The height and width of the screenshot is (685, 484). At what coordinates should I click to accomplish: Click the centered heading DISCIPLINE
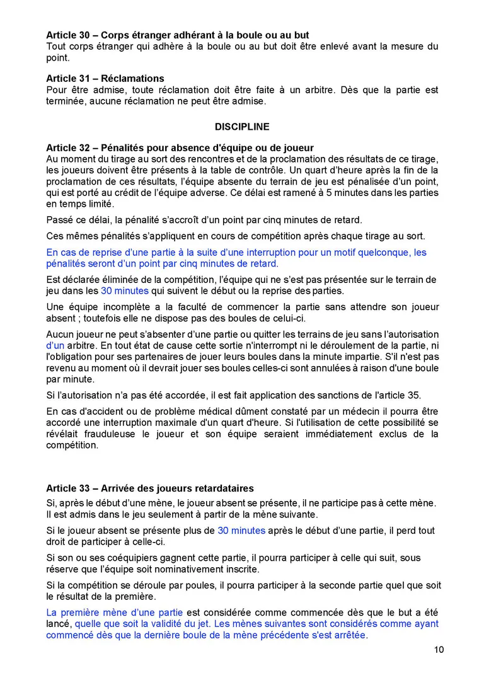pyautogui.click(x=242, y=127)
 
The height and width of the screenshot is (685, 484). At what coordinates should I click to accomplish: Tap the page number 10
pyautogui.click(x=439, y=650)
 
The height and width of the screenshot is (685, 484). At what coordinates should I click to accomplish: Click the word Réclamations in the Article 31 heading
pyautogui.click(x=133, y=79)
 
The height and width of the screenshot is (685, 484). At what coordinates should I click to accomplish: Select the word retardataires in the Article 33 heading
pyautogui.click(x=224, y=488)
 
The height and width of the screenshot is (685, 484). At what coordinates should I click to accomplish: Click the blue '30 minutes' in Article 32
pyautogui.click(x=125, y=291)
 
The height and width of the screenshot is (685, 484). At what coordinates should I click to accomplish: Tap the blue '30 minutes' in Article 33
pyautogui.click(x=241, y=531)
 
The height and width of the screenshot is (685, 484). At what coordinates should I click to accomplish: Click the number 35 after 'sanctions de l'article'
pyautogui.click(x=413, y=395)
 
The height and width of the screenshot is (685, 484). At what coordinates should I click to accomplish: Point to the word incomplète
pyautogui.click(x=107, y=307)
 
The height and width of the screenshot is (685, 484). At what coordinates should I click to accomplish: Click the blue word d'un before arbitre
pyautogui.click(x=55, y=345)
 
